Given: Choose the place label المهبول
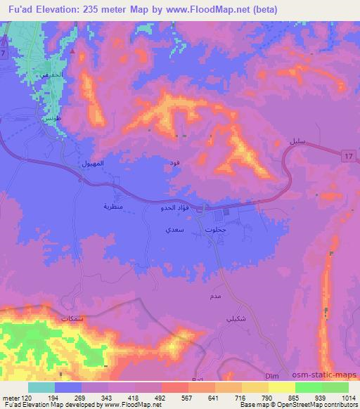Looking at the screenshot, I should pos(94,163).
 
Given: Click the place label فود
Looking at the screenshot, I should pos(174,162).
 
